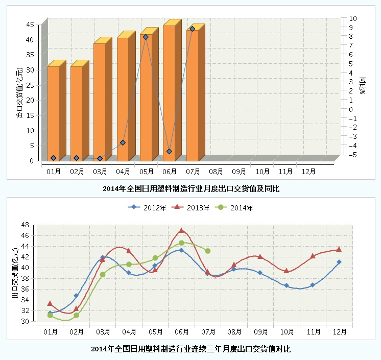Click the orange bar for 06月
click(169, 92)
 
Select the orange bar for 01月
click(53, 112)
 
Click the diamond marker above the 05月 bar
click(146, 37)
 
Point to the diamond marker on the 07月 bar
click(192, 29)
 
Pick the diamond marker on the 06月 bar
click(169, 151)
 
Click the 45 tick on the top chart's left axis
click(30, 24)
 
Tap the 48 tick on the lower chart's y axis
click(26, 224)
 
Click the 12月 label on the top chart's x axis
click(308, 171)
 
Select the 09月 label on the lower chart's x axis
click(260, 331)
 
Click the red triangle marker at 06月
click(181, 230)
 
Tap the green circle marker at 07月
click(207, 251)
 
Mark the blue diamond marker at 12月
click(339, 262)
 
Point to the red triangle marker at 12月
click(339, 249)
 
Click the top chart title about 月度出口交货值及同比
click(191, 188)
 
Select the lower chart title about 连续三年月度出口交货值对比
click(190, 349)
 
